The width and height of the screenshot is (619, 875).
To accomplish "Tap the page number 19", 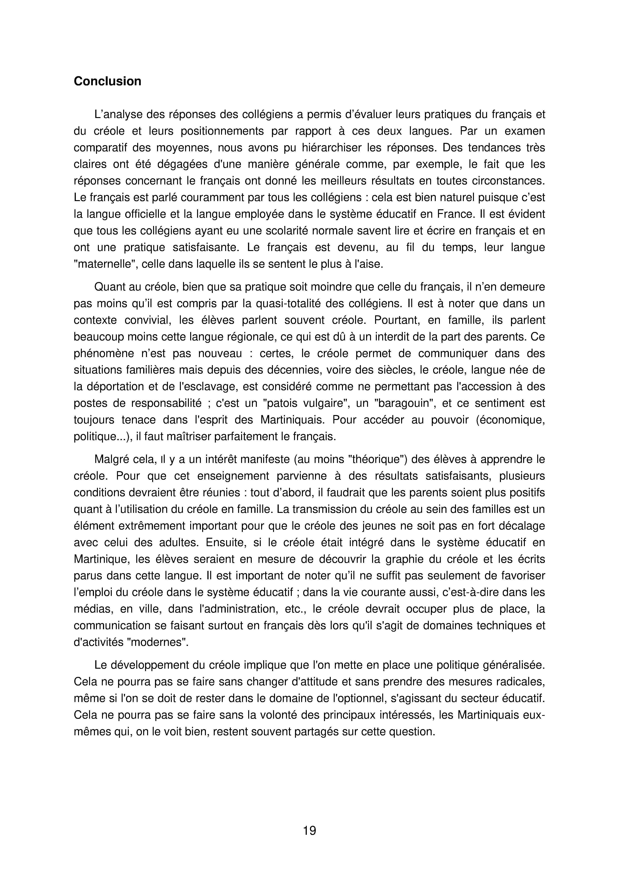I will (x=309, y=830).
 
